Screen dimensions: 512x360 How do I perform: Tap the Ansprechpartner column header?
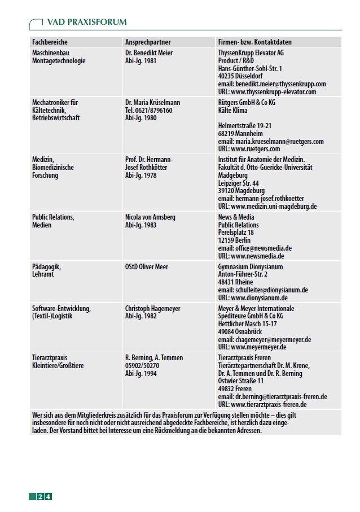[148, 42]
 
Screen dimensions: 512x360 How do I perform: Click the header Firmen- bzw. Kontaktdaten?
[254, 42]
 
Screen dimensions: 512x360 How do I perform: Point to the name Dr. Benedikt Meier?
[149, 53]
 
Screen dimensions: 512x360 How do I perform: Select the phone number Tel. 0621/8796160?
[149, 111]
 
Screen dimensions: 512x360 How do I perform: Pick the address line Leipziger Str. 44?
[239, 183]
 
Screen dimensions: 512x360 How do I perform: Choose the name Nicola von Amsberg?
[150, 217]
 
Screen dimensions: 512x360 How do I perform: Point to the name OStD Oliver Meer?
[147, 266]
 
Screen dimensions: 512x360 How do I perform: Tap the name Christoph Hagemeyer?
[153, 309]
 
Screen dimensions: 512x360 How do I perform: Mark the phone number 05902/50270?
[142, 366]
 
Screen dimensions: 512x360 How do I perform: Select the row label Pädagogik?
[46, 266]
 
